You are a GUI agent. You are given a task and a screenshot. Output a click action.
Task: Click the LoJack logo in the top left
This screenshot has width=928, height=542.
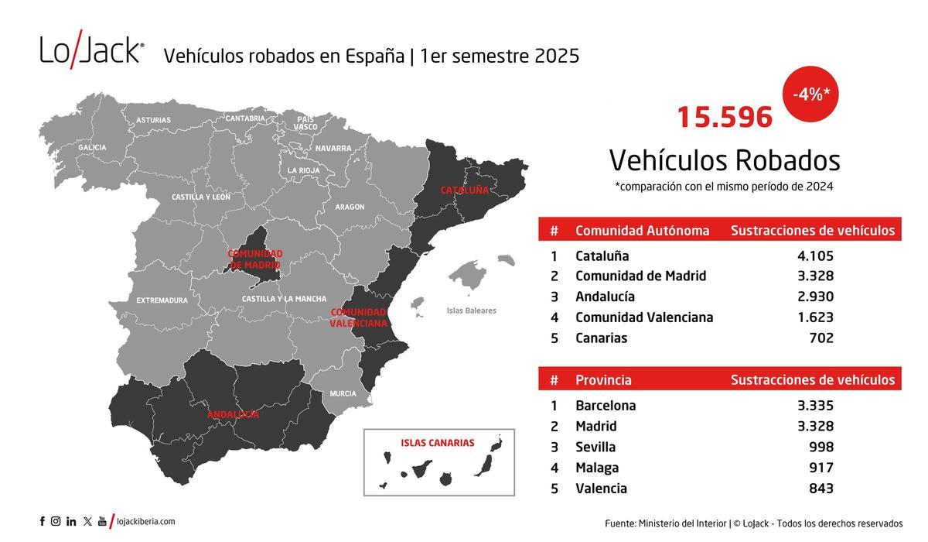[91, 51]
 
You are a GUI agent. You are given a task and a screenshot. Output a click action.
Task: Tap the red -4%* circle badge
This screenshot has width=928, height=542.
[810, 94]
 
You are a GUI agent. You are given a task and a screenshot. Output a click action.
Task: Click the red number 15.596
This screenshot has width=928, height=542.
[725, 118]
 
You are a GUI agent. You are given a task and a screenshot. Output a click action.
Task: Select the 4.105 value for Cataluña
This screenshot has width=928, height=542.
[815, 256]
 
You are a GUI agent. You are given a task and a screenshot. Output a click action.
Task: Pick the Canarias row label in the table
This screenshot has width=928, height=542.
[601, 338]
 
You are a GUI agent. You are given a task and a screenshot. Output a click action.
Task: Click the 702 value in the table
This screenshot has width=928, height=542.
[820, 338]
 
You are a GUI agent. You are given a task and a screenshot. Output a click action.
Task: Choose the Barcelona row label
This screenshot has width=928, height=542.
[606, 405]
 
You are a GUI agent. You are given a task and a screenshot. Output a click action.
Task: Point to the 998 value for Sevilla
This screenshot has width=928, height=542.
[818, 447]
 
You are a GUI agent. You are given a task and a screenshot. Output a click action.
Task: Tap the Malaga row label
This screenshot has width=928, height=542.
[596, 468]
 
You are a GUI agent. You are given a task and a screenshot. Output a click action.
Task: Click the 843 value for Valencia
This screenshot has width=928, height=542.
[818, 489]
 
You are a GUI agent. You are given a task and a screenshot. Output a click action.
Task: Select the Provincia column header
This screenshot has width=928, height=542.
[603, 379]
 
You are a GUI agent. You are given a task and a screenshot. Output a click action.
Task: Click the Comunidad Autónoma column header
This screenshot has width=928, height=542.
[642, 230]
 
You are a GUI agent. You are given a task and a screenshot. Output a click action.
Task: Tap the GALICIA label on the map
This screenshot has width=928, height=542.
[92, 147]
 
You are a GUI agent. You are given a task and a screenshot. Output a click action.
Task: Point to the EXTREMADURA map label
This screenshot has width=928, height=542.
[162, 300]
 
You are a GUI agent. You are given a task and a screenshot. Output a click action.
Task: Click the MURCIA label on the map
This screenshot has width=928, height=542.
[343, 393]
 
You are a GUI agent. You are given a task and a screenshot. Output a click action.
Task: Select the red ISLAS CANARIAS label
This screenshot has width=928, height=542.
[438, 443]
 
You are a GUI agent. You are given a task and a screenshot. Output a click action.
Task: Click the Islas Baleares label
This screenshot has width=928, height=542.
[471, 310]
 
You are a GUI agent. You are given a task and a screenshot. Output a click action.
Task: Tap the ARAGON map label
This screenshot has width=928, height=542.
[350, 207]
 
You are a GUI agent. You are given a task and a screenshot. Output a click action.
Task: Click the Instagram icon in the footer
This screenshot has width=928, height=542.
[56, 521]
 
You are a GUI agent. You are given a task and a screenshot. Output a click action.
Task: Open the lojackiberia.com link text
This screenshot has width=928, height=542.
[145, 521]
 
